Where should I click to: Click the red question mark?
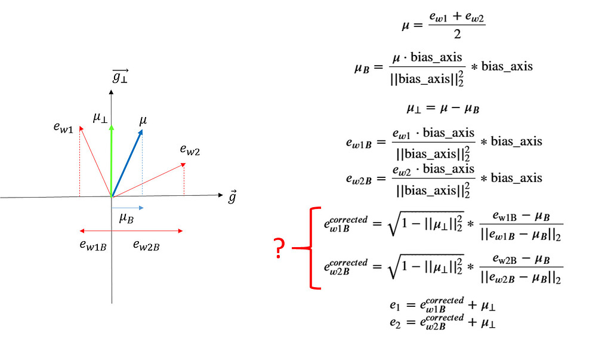click(x=279, y=248)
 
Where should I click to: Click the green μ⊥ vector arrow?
click(x=112, y=161)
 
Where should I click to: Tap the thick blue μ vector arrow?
click(x=127, y=164)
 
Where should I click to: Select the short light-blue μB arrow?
click(x=128, y=208)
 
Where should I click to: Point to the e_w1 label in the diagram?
click(x=63, y=127)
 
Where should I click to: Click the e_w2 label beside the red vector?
click(x=190, y=149)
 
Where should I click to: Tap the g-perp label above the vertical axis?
click(x=120, y=76)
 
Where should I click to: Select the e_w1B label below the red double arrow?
click(x=92, y=245)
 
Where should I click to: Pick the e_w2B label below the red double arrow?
click(x=146, y=245)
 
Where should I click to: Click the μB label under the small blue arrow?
click(x=126, y=218)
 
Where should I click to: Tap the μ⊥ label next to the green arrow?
click(x=100, y=118)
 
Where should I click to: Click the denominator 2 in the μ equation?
click(x=457, y=34)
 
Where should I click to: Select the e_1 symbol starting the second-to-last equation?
click(x=395, y=305)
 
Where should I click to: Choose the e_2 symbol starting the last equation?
click(x=395, y=322)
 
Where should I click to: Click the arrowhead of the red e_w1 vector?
click(x=81, y=128)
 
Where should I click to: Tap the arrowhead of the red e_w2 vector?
click(x=183, y=165)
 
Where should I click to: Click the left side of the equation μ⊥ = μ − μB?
click(x=414, y=108)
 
